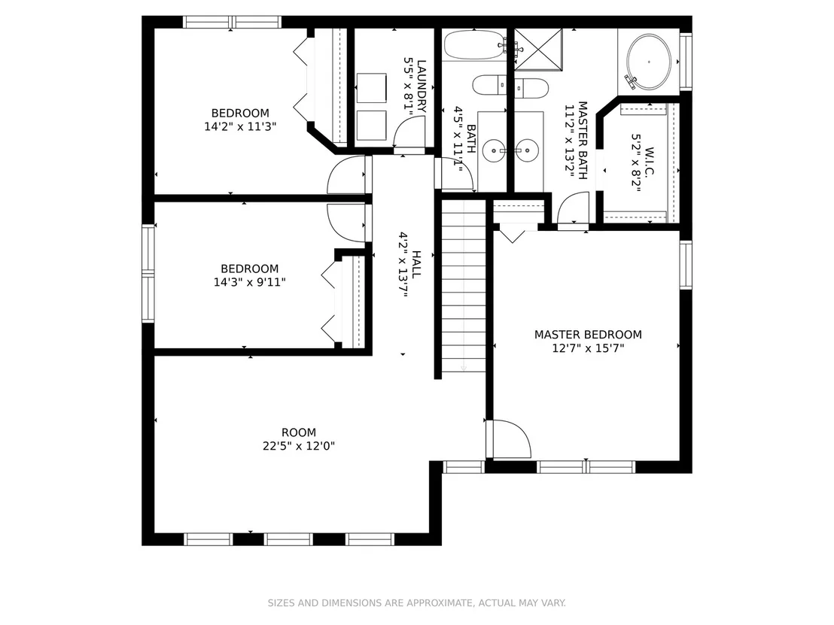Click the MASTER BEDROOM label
pos(588,334)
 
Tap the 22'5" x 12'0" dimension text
pos(298,446)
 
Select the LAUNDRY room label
pos(422,86)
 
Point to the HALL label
pos(416,264)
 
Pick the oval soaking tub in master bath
pos(649,62)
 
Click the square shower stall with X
pos(538,50)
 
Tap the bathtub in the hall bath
pos(474,44)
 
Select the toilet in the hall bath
pos(489,85)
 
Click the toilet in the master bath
pos(531,88)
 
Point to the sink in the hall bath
pos(495,151)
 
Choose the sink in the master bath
pos(528,151)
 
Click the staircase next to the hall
pos(464,286)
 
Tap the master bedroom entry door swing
pos(510,439)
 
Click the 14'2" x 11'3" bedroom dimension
pos(240,126)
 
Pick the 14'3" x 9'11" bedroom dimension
pos(249,282)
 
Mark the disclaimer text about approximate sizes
pos(416,602)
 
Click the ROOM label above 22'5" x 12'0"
pos(298,432)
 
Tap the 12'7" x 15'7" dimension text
pos(588,348)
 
